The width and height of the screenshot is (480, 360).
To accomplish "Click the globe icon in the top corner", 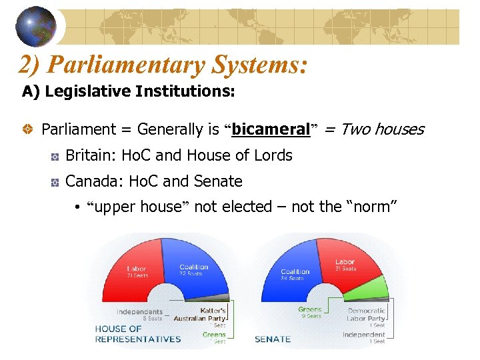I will [x=36, y=25].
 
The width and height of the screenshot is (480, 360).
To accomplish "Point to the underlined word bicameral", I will [x=271, y=129].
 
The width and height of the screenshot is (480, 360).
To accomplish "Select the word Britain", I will [x=89, y=155].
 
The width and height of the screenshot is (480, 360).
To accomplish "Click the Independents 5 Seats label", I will [x=139, y=314].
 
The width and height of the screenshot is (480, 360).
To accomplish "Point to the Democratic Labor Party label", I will [x=366, y=314].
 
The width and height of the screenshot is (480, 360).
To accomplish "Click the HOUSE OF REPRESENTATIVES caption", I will [x=137, y=334].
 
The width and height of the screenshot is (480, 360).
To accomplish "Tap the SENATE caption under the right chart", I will [x=273, y=339].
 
